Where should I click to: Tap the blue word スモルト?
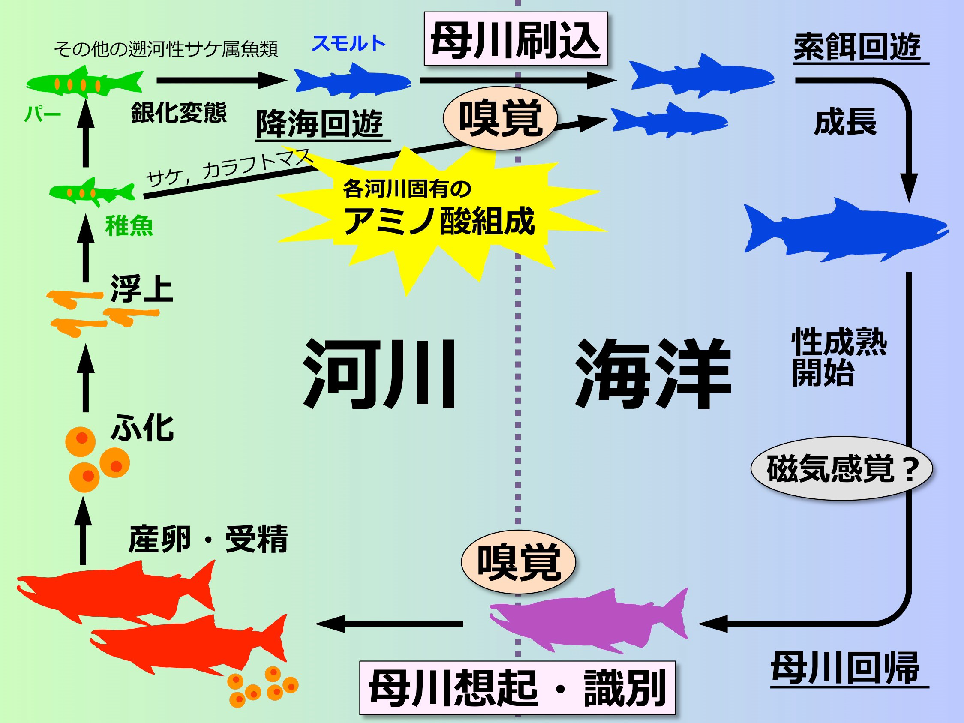point(348,43)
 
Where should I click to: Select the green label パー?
point(42,114)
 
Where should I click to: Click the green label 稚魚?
point(129,226)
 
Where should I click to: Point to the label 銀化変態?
point(179,112)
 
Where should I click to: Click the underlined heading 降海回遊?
point(320,124)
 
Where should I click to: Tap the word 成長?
point(845,123)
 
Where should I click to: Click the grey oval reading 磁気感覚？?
point(841,468)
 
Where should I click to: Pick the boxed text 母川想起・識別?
point(517,688)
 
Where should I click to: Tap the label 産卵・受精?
point(208,539)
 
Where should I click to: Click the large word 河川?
point(379,373)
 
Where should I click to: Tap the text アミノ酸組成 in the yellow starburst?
point(439,221)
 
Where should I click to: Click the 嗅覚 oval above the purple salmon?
point(518,562)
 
